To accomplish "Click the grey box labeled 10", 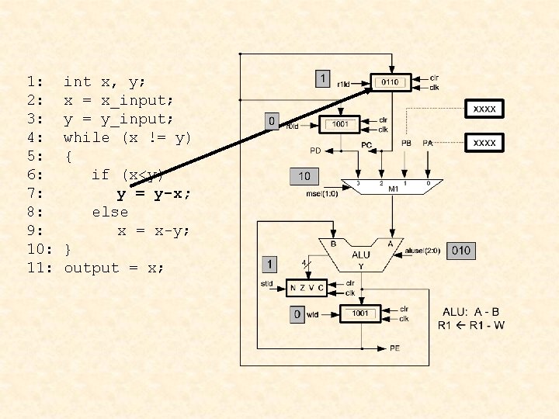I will [x=304, y=176].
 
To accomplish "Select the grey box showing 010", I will [x=460, y=251].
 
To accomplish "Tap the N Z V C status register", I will [x=306, y=288].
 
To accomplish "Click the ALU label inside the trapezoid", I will [x=361, y=254].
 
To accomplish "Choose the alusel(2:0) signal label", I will [x=423, y=251].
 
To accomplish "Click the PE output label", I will [x=395, y=348].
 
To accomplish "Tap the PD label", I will [x=315, y=150].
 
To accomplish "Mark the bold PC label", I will [x=367, y=144].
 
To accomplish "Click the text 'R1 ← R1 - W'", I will [x=471, y=324].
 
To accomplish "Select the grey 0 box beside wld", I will [x=296, y=314].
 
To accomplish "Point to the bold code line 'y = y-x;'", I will [x=154, y=193].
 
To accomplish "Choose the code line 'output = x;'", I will [x=113, y=268].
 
